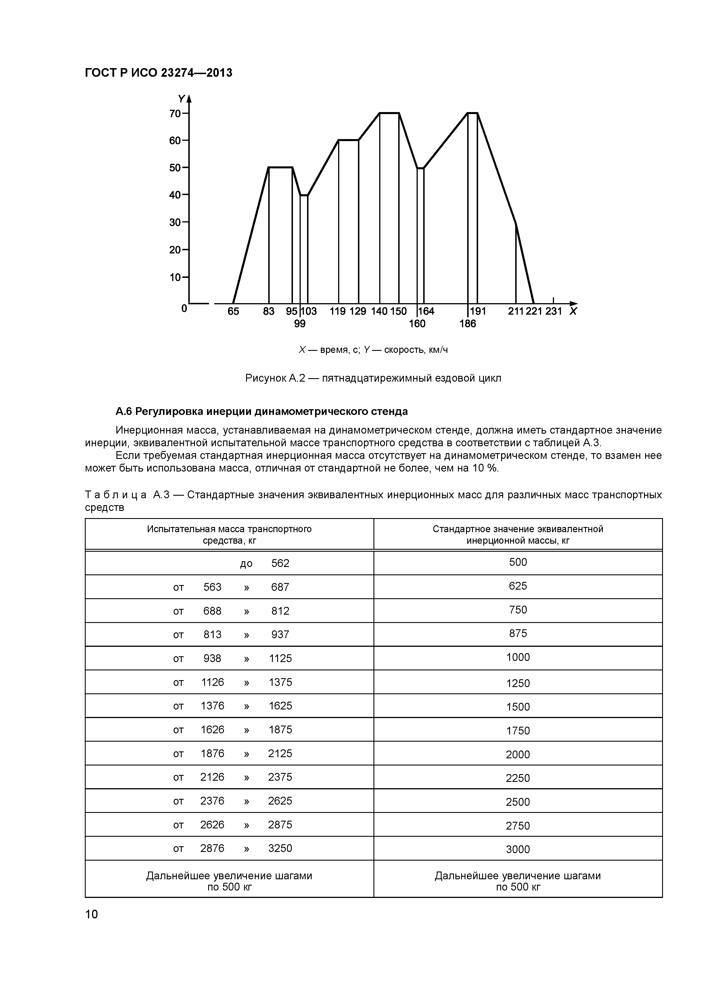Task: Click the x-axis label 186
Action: point(467,324)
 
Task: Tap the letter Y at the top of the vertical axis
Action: point(181,99)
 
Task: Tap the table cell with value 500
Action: point(518,562)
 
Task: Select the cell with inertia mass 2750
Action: point(518,826)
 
